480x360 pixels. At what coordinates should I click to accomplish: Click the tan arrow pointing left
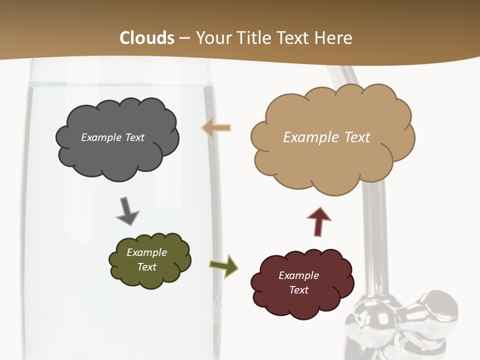[216, 128]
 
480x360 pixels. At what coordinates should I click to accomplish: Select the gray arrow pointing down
[127, 211]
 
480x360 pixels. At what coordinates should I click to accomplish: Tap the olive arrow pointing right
[224, 265]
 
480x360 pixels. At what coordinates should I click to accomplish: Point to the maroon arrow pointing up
[319, 221]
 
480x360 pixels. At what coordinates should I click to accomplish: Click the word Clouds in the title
[147, 38]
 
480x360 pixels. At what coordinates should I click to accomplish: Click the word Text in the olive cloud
[147, 267]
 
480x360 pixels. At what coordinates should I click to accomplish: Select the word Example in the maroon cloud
[298, 275]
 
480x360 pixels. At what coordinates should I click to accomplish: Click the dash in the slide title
[184, 38]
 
